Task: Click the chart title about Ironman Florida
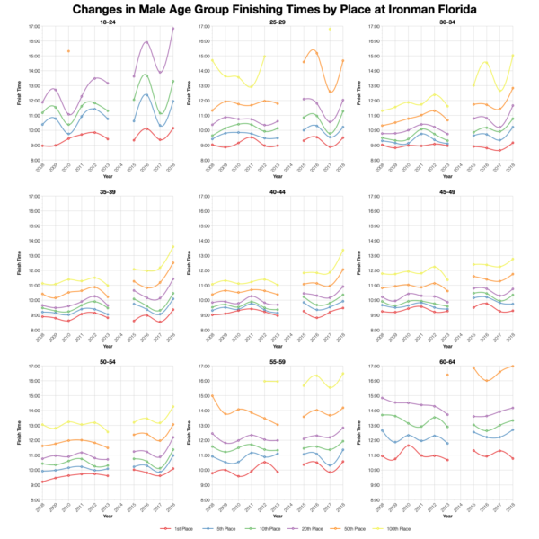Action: (269, 9)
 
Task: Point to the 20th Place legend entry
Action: (297, 530)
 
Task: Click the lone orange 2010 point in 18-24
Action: (69, 51)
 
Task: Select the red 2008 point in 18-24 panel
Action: (41, 146)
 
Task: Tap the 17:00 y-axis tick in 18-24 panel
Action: (32, 27)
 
